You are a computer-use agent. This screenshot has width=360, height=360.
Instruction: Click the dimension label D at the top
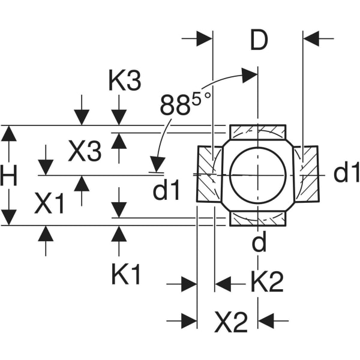tap(259, 40)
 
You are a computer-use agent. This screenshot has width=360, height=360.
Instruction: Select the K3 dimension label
tap(124, 81)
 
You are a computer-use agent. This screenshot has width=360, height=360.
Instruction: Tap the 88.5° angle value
tap(182, 106)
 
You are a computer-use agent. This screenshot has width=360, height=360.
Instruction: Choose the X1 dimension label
tap(49, 205)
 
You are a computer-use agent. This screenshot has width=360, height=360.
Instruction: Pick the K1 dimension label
tap(126, 275)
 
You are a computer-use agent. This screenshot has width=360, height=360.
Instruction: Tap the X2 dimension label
tap(230, 324)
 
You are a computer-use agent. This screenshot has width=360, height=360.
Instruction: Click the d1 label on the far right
tap(347, 173)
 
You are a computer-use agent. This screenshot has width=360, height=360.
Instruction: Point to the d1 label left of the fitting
tap(166, 191)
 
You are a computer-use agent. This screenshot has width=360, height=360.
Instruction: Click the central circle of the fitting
tap(257, 174)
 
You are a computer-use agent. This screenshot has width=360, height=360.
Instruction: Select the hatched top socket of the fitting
tap(258, 131)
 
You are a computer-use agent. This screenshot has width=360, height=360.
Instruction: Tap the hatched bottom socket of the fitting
tap(258, 218)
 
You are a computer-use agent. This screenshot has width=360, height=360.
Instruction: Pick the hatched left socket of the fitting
tap(208, 174)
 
